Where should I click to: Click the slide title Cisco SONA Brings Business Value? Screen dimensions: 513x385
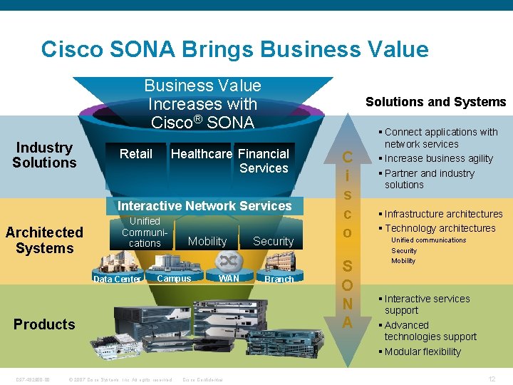(x=234, y=49)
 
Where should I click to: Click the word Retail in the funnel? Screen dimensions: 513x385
(x=135, y=154)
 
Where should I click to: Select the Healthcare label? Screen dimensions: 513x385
(x=202, y=154)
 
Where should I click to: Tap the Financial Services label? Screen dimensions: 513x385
(x=264, y=161)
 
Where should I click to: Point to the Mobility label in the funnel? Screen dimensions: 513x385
(x=207, y=242)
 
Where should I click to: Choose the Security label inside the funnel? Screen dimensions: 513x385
(x=273, y=242)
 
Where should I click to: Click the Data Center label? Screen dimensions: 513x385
(x=118, y=279)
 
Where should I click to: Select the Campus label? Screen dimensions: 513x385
(x=174, y=279)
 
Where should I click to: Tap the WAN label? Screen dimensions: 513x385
(x=229, y=278)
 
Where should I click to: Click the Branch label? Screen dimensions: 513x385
(x=279, y=279)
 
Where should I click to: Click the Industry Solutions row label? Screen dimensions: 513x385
(x=44, y=155)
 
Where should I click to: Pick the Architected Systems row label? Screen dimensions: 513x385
(x=44, y=240)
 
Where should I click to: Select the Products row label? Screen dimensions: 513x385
(x=44, y=324)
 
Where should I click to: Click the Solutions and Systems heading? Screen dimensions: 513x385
(x=435, y=102)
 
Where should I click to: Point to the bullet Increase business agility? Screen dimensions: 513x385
(x=438, y=158)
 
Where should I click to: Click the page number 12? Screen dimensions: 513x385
(x=492, y=379)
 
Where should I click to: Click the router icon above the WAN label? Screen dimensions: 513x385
(x=229, y=260)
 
